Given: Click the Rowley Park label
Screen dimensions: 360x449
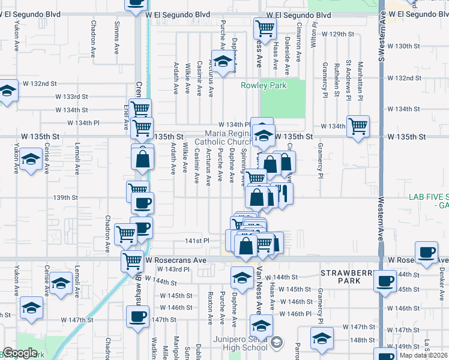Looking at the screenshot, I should pyautogui.click(x=264, y=85).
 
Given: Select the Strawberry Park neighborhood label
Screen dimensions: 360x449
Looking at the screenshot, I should pyautogui.click(x=348, y=277).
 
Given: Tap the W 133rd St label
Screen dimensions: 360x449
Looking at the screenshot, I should pyautogui.click(x=71, y=97).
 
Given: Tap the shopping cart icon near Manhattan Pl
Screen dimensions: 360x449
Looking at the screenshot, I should pyautogui.click(x=358, y=126).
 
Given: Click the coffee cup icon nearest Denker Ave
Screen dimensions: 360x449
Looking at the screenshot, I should pyautogui.click(x=427, y=252).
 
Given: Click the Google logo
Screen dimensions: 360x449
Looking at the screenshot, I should pyautogui.click(x=20, y=353).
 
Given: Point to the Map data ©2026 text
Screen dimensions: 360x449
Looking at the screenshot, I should pyautogui.click(x=424, y=355).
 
